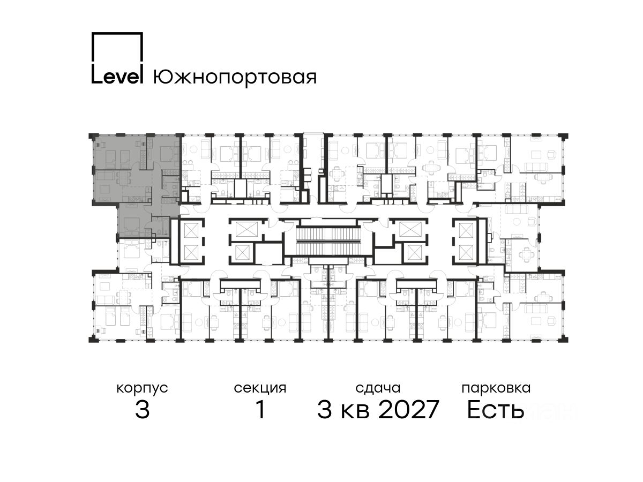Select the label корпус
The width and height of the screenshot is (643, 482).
tap(143, 389)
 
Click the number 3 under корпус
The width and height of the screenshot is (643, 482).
tap(143, 410)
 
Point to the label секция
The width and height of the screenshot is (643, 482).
tap(260, 389)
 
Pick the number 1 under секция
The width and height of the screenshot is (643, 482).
tap(260, 410)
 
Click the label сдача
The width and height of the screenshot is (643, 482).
tap(378, 389)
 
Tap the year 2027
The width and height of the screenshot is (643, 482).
tap(409, 410)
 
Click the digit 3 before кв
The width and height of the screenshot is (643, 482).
tap(325, 410)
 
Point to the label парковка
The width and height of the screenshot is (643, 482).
tap(496, 389)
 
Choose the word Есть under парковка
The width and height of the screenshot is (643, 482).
tap(495, 410)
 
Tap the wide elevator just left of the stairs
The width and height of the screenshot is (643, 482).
tap(246, 229)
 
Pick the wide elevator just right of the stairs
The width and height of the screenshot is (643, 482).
tap(410, 229)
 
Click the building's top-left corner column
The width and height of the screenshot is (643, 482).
tap(92, 136)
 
